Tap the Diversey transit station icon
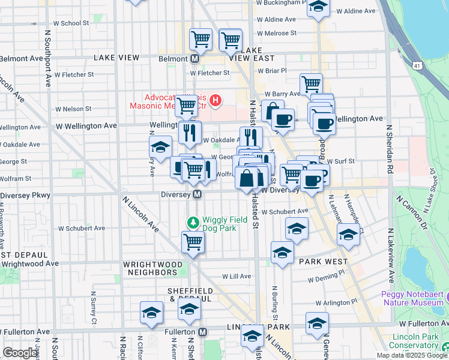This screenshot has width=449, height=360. pos(196,195)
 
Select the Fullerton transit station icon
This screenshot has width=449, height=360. pos(203,332)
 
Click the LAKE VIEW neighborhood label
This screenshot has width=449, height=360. pos(116,58)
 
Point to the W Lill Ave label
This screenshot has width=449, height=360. pos(237,277)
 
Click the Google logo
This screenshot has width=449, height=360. pos(20,353)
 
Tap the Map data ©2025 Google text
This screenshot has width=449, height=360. pos(412,355)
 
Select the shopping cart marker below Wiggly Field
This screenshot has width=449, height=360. pos(193,242)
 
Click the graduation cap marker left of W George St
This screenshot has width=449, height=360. pos(160,147)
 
